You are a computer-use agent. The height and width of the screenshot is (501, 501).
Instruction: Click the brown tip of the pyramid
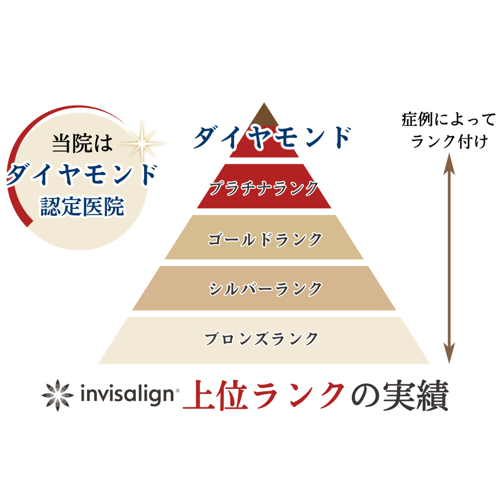[x=264, y=115]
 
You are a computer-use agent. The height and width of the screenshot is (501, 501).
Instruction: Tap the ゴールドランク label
[x=264, y=239]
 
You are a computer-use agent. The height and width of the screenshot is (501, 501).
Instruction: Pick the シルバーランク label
[x=265, y=289]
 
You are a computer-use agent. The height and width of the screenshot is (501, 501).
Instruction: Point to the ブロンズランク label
[x=261, y=339]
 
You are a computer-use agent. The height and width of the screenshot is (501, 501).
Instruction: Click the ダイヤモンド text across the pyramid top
[x=272, y=138]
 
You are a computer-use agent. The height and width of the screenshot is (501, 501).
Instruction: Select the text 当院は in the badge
[x=82, y=143]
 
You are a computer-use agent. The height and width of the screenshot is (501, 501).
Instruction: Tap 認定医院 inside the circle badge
[x=82, y=207]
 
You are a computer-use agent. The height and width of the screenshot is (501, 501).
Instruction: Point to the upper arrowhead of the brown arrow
[x=449, y=163]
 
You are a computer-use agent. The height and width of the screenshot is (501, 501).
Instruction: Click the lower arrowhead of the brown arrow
[x=449, y=353]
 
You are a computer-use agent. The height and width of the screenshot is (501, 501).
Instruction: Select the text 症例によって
[x=448, y=119]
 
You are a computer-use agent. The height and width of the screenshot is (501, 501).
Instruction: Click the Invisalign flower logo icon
[x=58, y=395]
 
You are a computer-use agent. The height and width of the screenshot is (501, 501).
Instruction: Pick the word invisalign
[x=127, y=395]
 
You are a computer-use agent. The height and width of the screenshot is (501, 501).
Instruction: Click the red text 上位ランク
[x=264, y=395]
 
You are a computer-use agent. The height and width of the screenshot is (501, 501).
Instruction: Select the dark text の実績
[x=400, y=395]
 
